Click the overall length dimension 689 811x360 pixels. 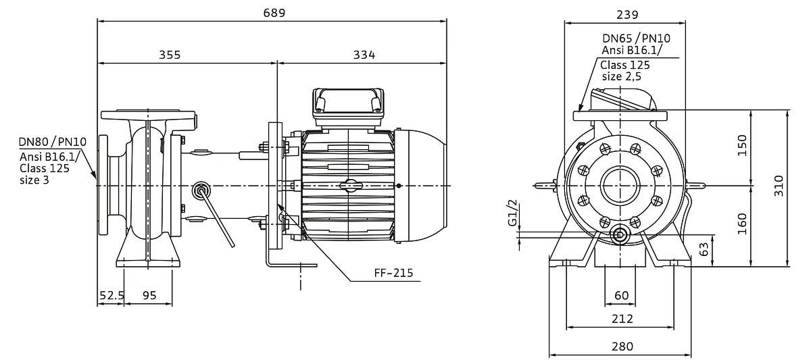coord(274,13)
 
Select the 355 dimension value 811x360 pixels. coord(170,55)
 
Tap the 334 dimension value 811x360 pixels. coord(364,55)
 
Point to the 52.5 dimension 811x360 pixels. coord(112,296)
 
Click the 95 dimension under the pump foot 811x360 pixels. coord(149,296)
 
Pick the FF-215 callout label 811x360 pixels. coord(393,273)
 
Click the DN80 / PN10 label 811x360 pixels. coord(53,142)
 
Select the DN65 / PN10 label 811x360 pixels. coord(636,38)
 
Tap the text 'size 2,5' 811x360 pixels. coord(622,77)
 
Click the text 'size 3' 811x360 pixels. coord(34,180)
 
